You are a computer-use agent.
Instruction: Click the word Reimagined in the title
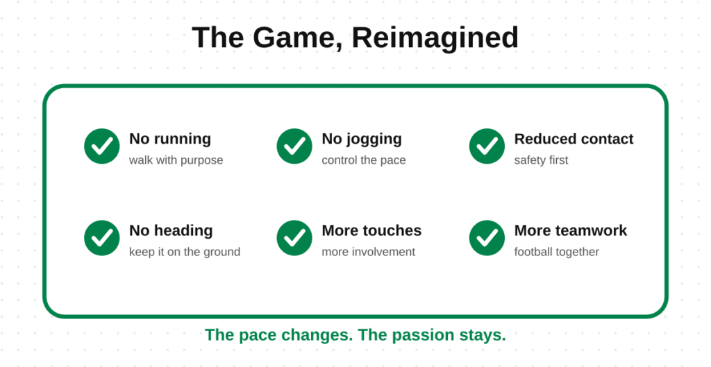point(435,38)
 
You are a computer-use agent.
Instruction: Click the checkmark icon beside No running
point(102,146)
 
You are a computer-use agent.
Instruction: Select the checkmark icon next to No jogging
point(294,146)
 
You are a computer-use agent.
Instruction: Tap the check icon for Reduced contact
point(487,146)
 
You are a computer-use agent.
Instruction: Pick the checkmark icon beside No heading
point(102,238)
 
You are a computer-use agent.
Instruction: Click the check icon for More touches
point(294,238)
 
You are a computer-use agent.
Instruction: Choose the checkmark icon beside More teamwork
point(487,238)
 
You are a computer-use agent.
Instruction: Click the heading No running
point(170,139)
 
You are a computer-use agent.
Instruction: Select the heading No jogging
point(362,139)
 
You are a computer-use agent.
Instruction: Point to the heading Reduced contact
point(574,139)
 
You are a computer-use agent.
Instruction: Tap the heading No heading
point(171,230)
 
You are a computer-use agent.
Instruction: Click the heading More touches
point(372,230)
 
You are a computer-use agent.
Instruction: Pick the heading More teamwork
point(571,230)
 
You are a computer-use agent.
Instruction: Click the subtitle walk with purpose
point(176,160)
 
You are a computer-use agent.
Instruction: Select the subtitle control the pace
point(364,160)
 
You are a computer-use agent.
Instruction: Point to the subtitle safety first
point(541,160)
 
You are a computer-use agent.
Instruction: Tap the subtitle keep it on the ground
point(185,252)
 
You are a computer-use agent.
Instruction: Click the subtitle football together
point(556,252)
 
